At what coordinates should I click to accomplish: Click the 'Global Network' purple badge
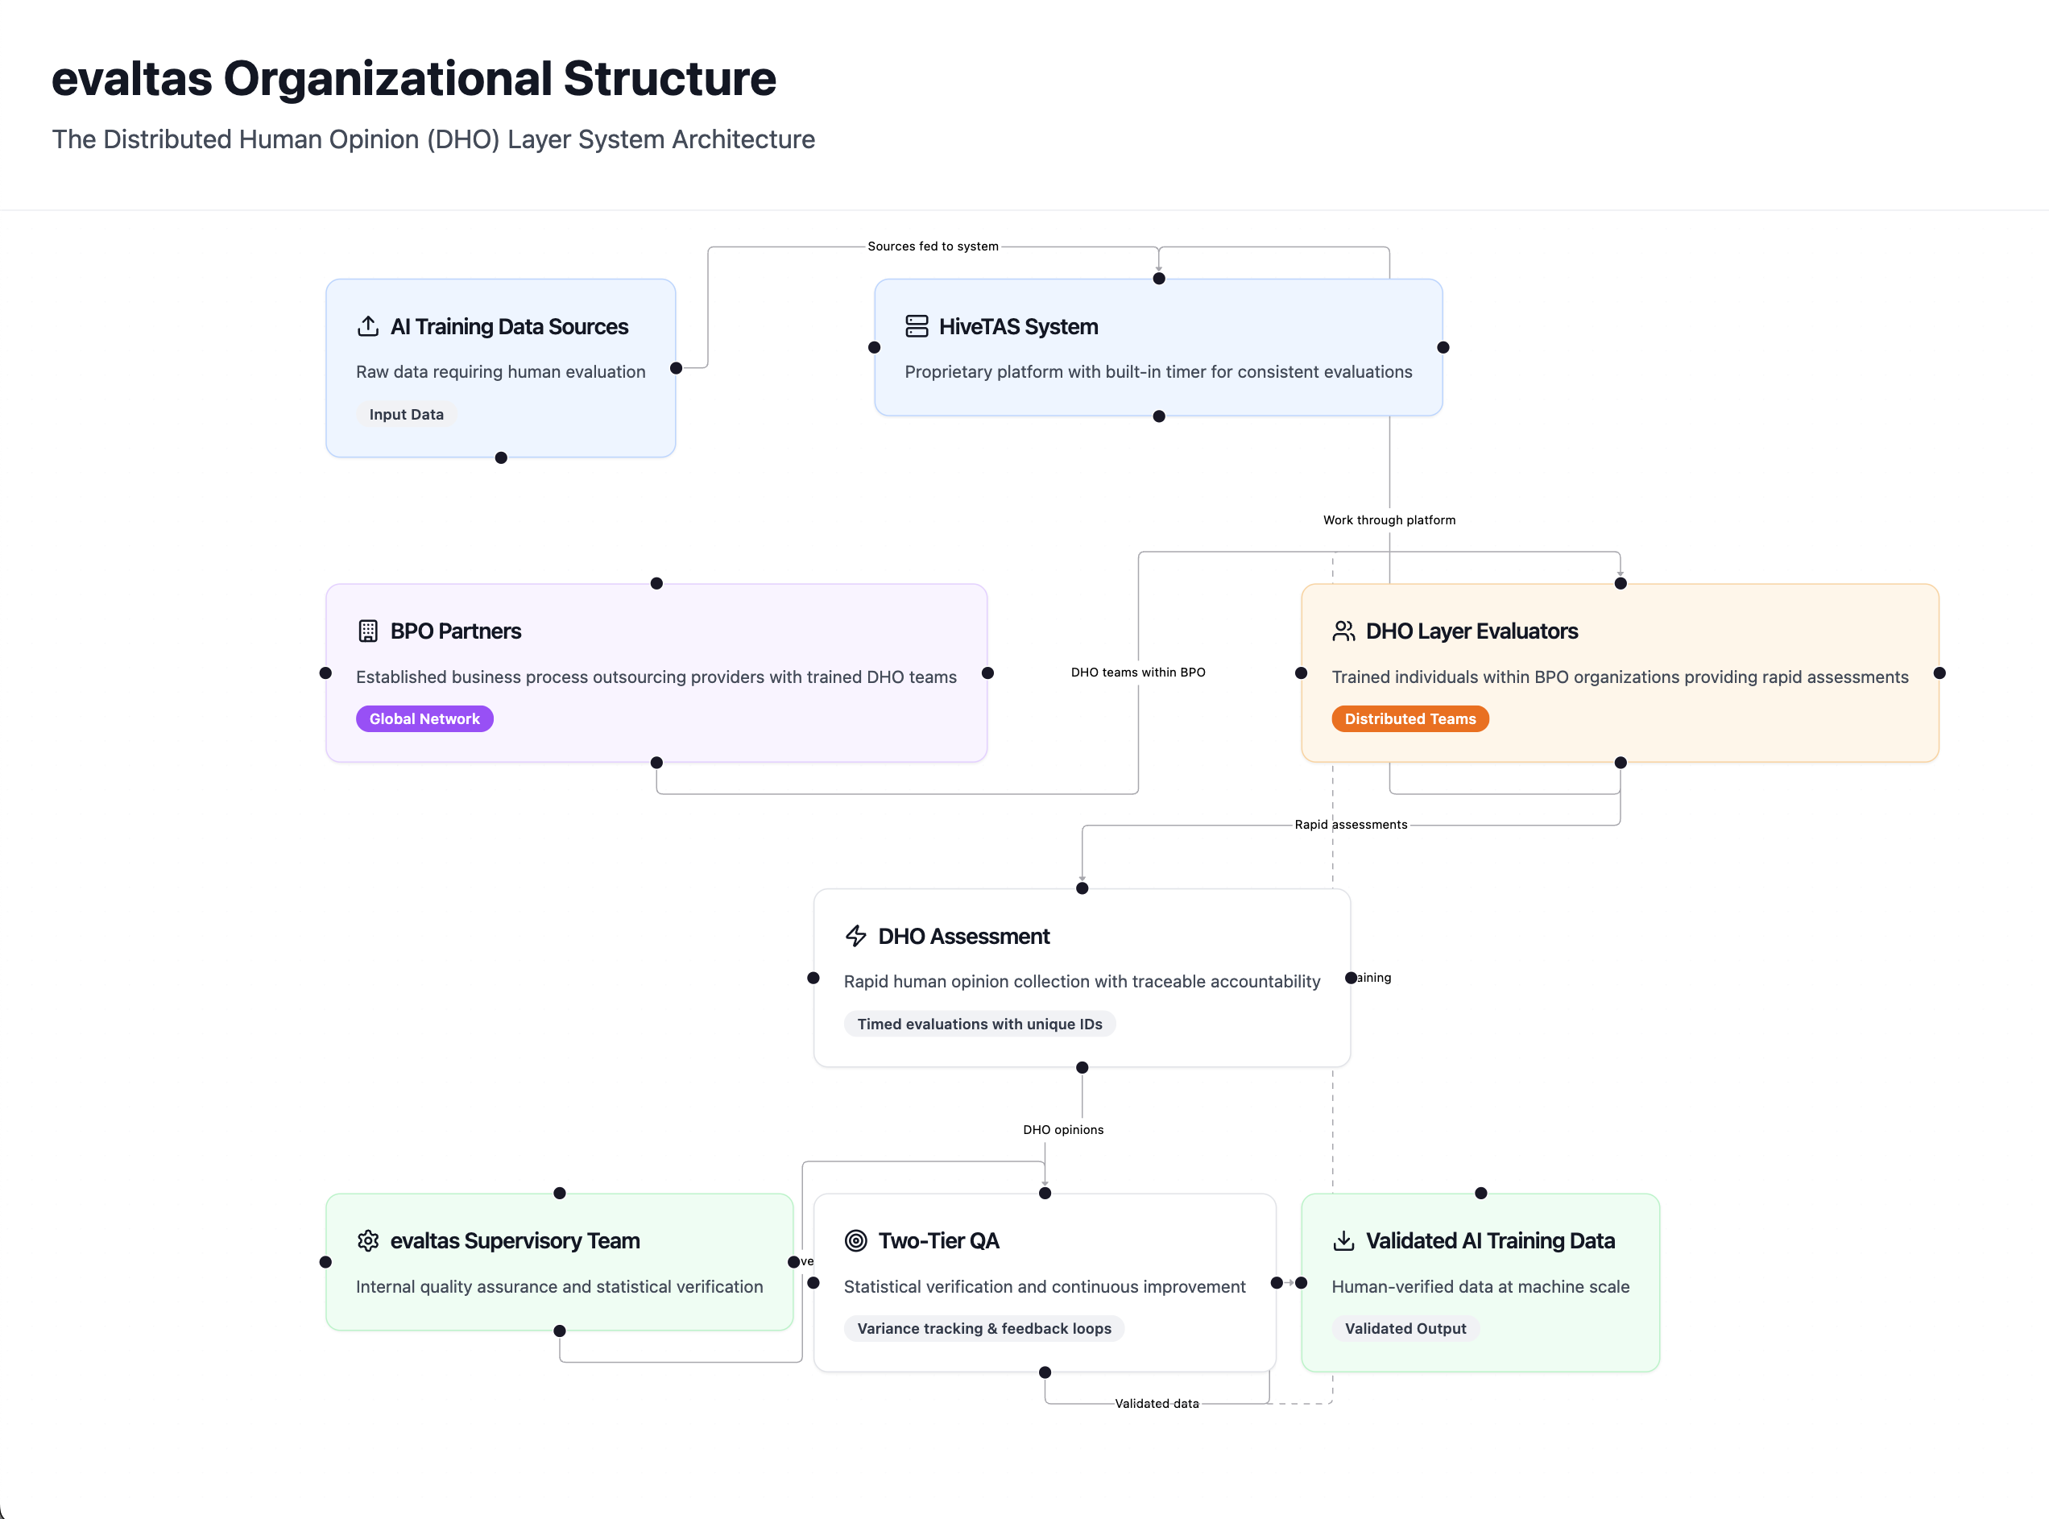(x=424, y=719)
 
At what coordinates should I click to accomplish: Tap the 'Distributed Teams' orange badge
(x=1409, y=719)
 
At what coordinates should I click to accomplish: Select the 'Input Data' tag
(x=405, y=415)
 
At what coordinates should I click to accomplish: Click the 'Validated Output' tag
(x=1405, y=1329)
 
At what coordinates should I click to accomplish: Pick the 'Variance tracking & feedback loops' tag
(x=983, y=1329)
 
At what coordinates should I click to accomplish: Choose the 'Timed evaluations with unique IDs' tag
(x=979, y=1024)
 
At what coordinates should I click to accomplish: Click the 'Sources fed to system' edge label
(x=932, y=246)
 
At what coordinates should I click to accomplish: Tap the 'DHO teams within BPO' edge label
(x=1137, y=673)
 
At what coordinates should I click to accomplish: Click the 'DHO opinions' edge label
(x=1062, y=1130)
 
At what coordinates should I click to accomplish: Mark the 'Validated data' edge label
(x=1156, y=1404)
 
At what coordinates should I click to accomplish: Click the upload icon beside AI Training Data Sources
(x=368, y=326)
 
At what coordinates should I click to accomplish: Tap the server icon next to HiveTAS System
(x=917, y=326)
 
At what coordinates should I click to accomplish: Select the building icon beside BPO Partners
(x=368, y=631)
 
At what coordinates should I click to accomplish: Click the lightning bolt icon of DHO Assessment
(x=856, y=936)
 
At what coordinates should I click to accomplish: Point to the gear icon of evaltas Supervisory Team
(x=368, y=1240)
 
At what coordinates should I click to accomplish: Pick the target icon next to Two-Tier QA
(x=856, y=1240)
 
